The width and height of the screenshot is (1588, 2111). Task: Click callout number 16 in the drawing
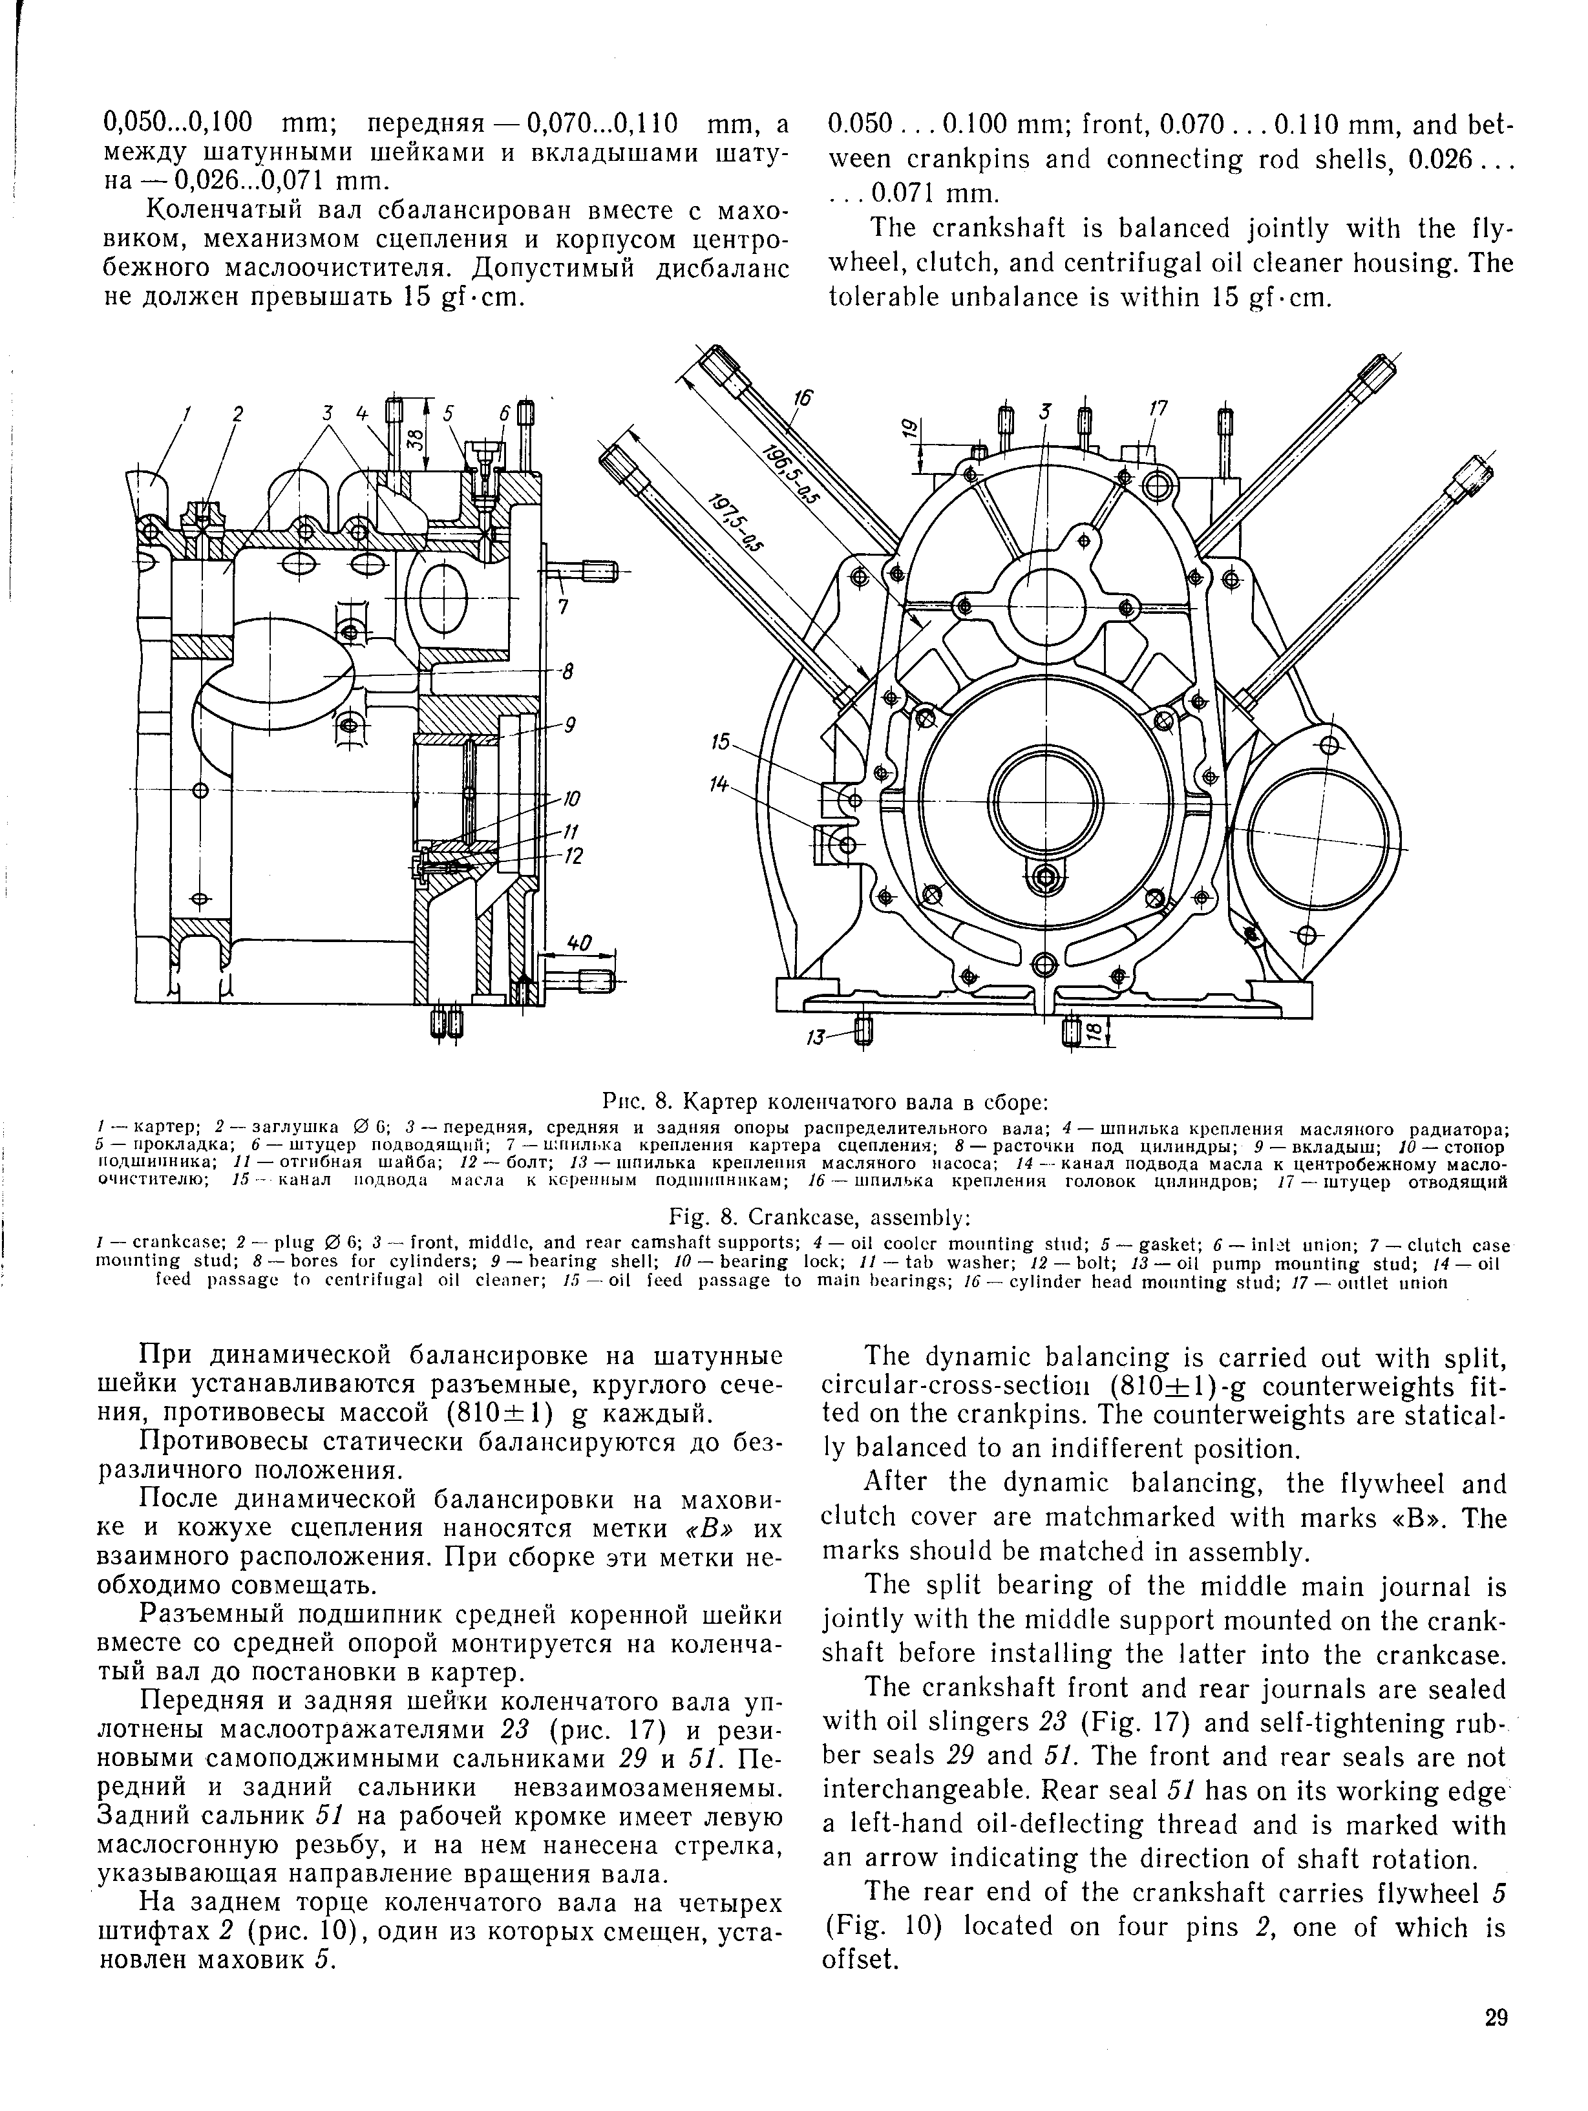point(803,399)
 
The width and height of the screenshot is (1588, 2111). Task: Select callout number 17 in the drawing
point(1158,408)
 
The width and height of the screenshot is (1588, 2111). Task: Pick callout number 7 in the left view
point(563,606)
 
